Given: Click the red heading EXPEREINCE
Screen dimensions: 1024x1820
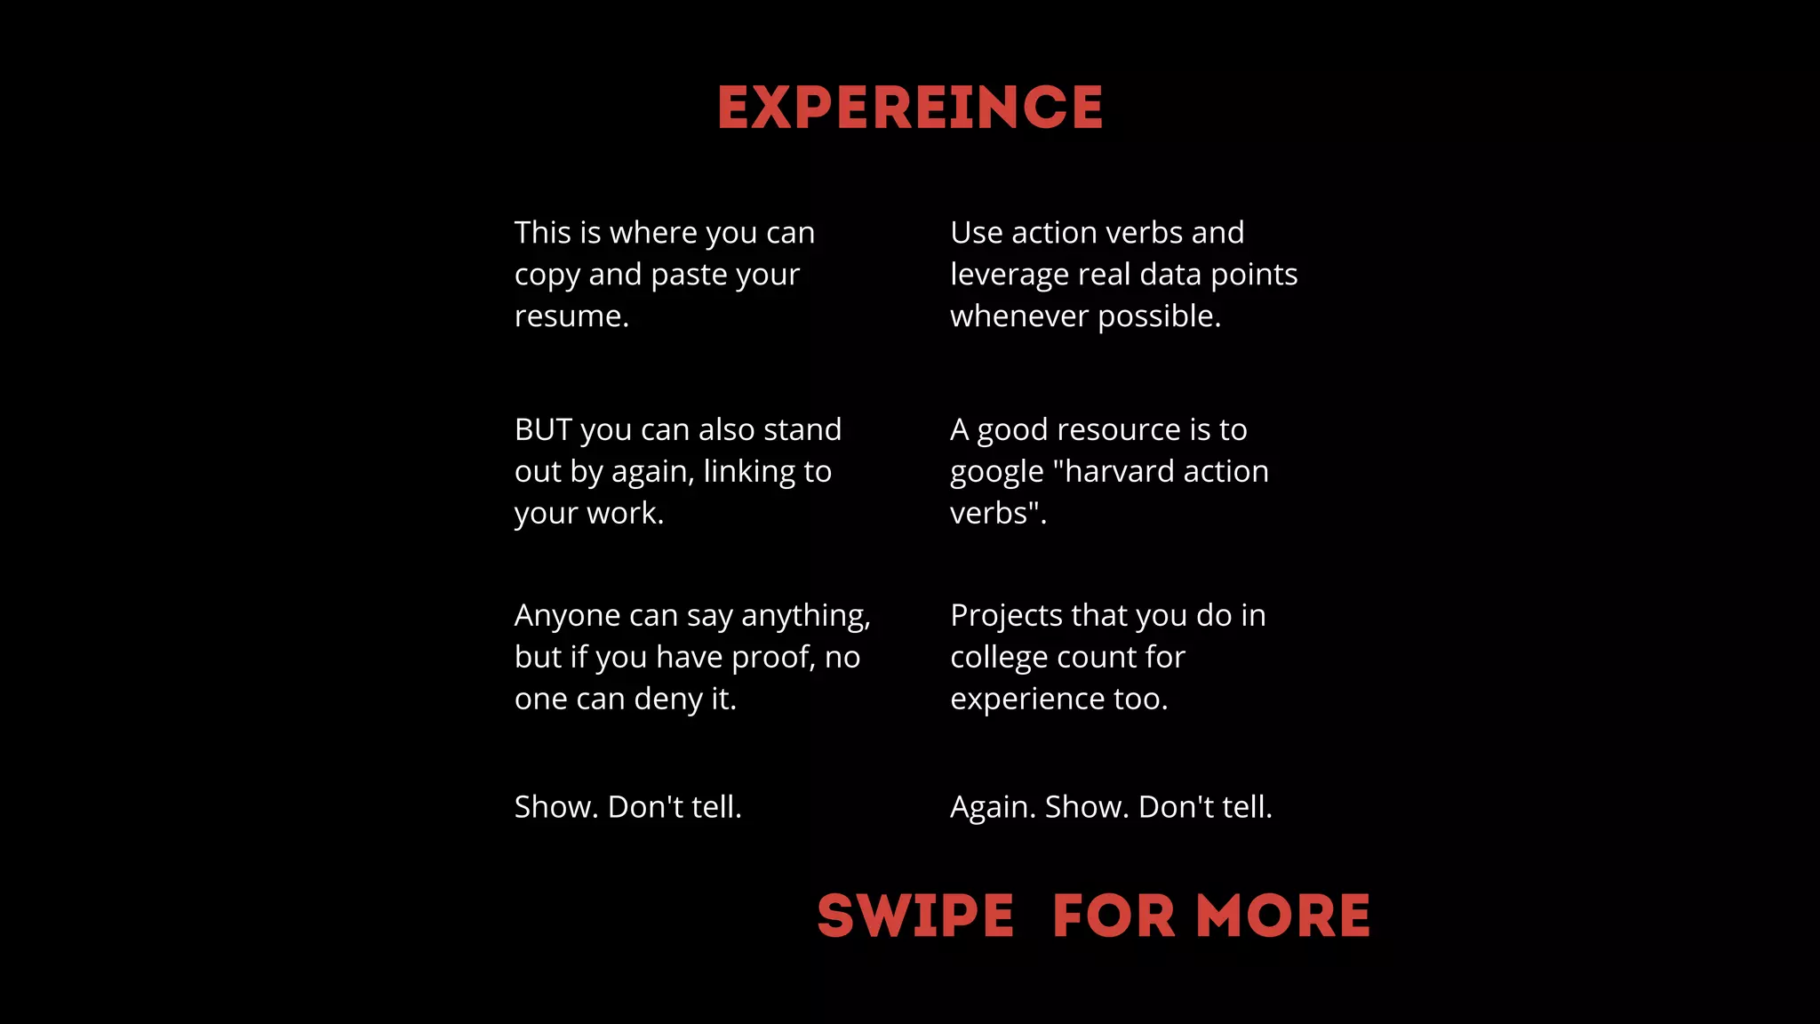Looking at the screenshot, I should (x=910, y=108).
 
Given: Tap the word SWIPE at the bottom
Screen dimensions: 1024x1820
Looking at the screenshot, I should (x=915, y=916).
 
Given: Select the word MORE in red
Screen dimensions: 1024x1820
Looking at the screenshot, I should (x=1283, y=916).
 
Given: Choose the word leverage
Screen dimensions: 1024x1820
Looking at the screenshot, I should (x=1009, y=276).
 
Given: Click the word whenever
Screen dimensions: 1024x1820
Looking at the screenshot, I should (x=1019, y=316).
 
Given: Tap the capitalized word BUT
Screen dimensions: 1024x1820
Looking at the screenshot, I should (x=542, y=430).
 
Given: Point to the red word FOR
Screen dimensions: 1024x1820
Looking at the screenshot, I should (x=1114, y=916).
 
